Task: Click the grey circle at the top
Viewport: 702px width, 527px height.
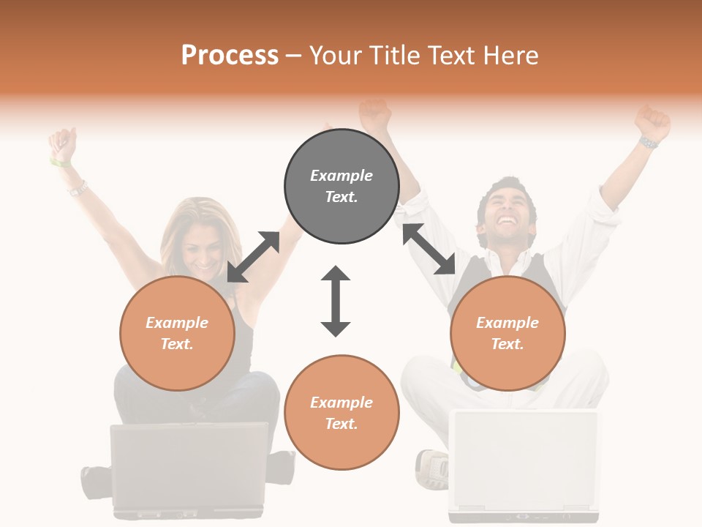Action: tap(341, 187)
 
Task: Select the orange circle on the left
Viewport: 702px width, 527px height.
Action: tap(177, 333)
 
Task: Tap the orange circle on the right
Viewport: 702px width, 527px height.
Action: tap(507, 333)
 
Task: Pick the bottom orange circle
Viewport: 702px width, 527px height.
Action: tap(341, 413)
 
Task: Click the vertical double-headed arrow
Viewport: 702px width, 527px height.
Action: tap(336, 301)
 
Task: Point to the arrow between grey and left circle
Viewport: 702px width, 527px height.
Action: tap(253, 257)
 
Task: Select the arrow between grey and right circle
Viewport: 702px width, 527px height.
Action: tap(429, 249)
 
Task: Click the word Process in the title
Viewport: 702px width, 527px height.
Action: tap(230, 56)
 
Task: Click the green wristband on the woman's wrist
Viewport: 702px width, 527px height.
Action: tap(59, 162)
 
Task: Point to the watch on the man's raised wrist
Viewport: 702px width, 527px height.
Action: tap(648, 142)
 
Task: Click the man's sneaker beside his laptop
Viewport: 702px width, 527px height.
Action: tap(432, 468)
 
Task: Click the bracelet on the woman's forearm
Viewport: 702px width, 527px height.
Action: tap(77, 189)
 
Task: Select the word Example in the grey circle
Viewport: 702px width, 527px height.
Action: tap(341, 176)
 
